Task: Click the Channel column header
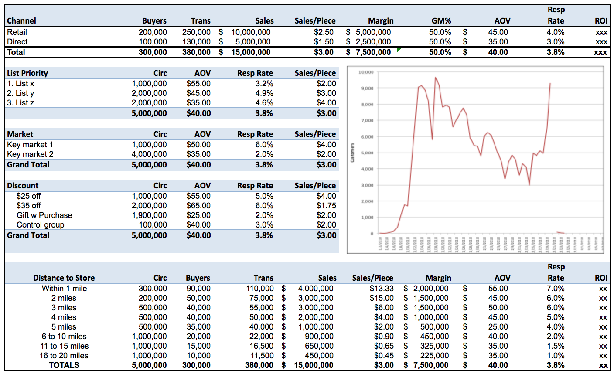click(x=21, y=21)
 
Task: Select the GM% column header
click(x=441, y=21)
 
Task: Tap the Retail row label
click(x=17, y=32)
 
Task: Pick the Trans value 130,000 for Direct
click(x=196, y=42)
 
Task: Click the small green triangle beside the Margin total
click(x=399, y=50)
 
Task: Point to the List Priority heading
click(x=27, y=73)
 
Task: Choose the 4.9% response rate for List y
click(x=264, y=93)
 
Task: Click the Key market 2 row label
click(x=30, y=154)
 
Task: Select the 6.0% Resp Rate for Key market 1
click(x=264, y=145)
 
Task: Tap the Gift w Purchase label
click(x=44, y=215)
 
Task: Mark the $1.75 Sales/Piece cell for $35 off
click(x=326, y=206)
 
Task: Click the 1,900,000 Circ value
click(x=149, y=215)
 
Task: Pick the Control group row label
click(x=41, y=225)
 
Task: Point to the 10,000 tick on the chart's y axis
click(x=366, y=72)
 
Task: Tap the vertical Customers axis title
click(x=352, y=153)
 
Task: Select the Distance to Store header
click(x=64, y=278)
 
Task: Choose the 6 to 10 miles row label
click(x=64, y=337)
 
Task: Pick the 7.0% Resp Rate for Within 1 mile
click(x=556, y=289)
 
